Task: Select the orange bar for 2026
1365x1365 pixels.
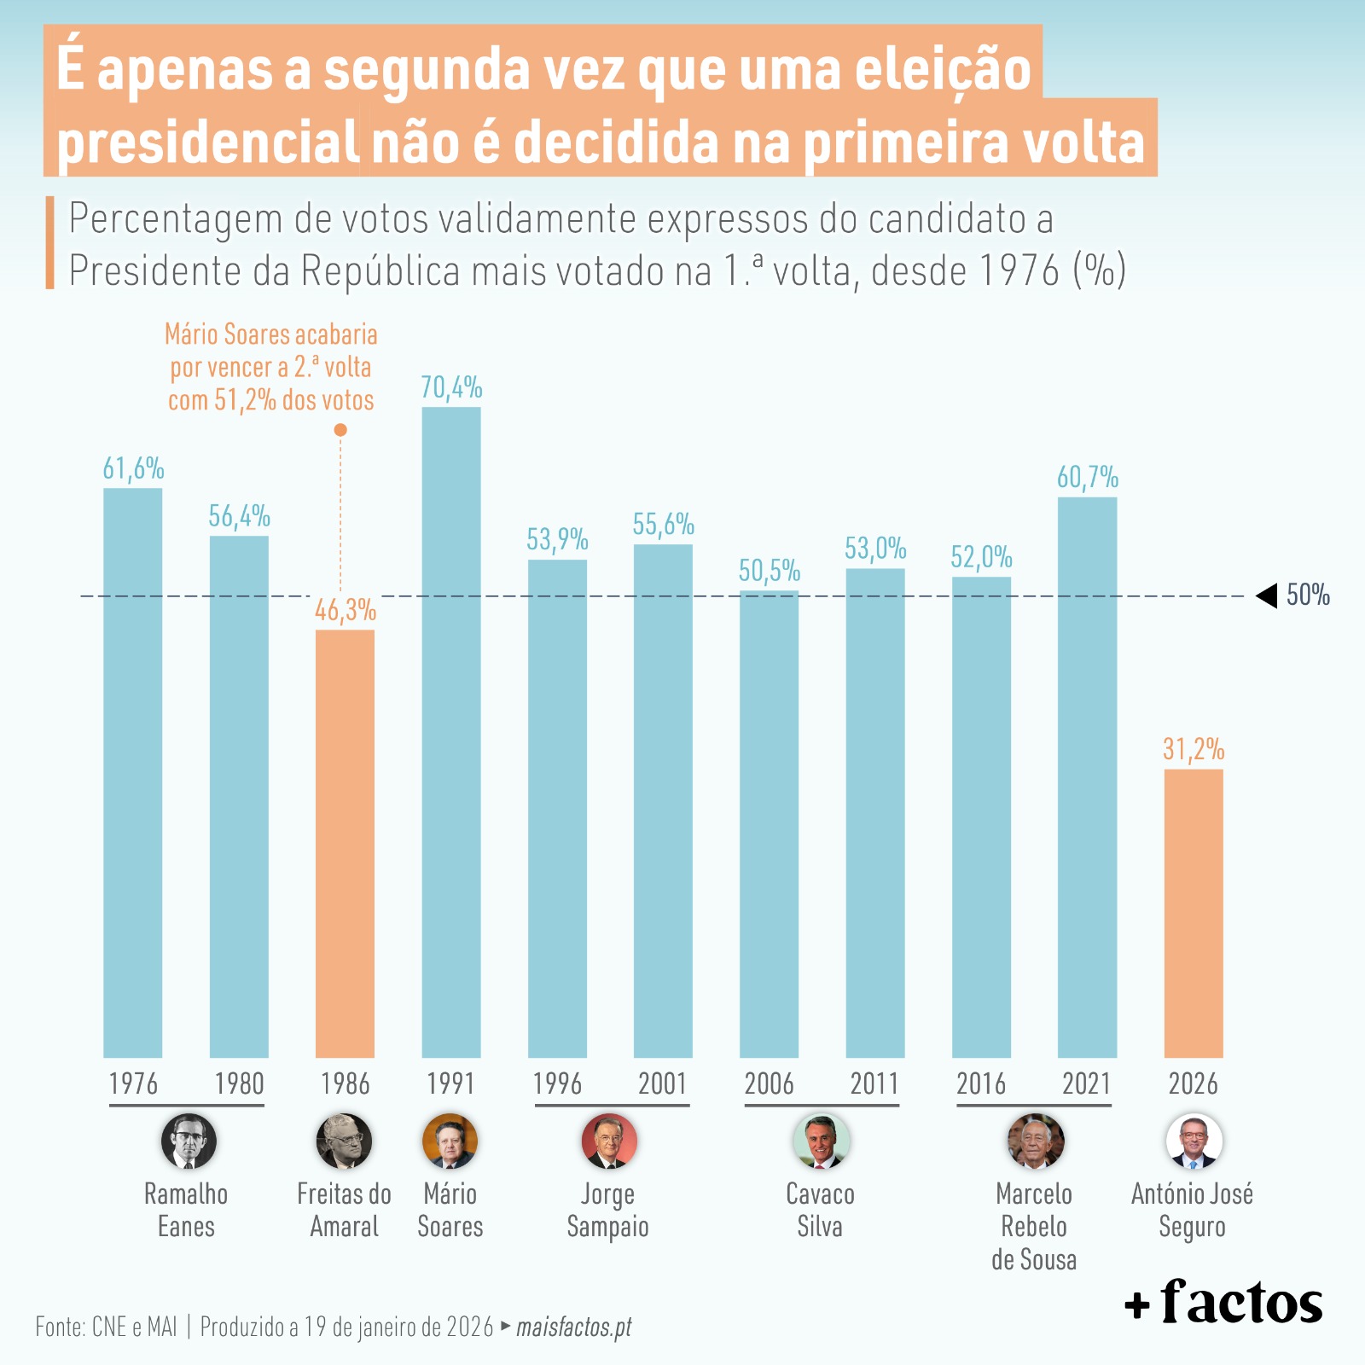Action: point(1193,913)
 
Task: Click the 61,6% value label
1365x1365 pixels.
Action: point(133,468)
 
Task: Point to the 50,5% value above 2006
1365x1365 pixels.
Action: point(770,570)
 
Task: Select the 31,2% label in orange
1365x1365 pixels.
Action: point(1193,749)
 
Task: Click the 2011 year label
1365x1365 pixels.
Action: point(874,1083)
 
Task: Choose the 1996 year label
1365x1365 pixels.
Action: point(557,1083)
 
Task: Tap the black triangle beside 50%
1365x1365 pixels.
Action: point(1267,595)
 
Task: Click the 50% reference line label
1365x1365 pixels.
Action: point(1308,595)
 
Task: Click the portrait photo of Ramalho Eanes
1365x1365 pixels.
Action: point(189,1141)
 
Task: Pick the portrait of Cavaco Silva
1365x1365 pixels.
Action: point(821,1141)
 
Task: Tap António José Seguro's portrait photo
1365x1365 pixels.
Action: point(1194,1141)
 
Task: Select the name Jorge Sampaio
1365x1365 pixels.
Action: point(607,1210)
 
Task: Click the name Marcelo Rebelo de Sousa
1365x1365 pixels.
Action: point(1034,1226)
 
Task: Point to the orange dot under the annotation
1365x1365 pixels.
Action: point(340,430)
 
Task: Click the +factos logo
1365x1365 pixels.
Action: point(1223,1302)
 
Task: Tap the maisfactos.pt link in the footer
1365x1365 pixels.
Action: point(574,1327)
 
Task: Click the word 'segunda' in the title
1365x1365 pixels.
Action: point(427,70)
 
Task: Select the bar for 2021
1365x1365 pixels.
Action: point(1087,776)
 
